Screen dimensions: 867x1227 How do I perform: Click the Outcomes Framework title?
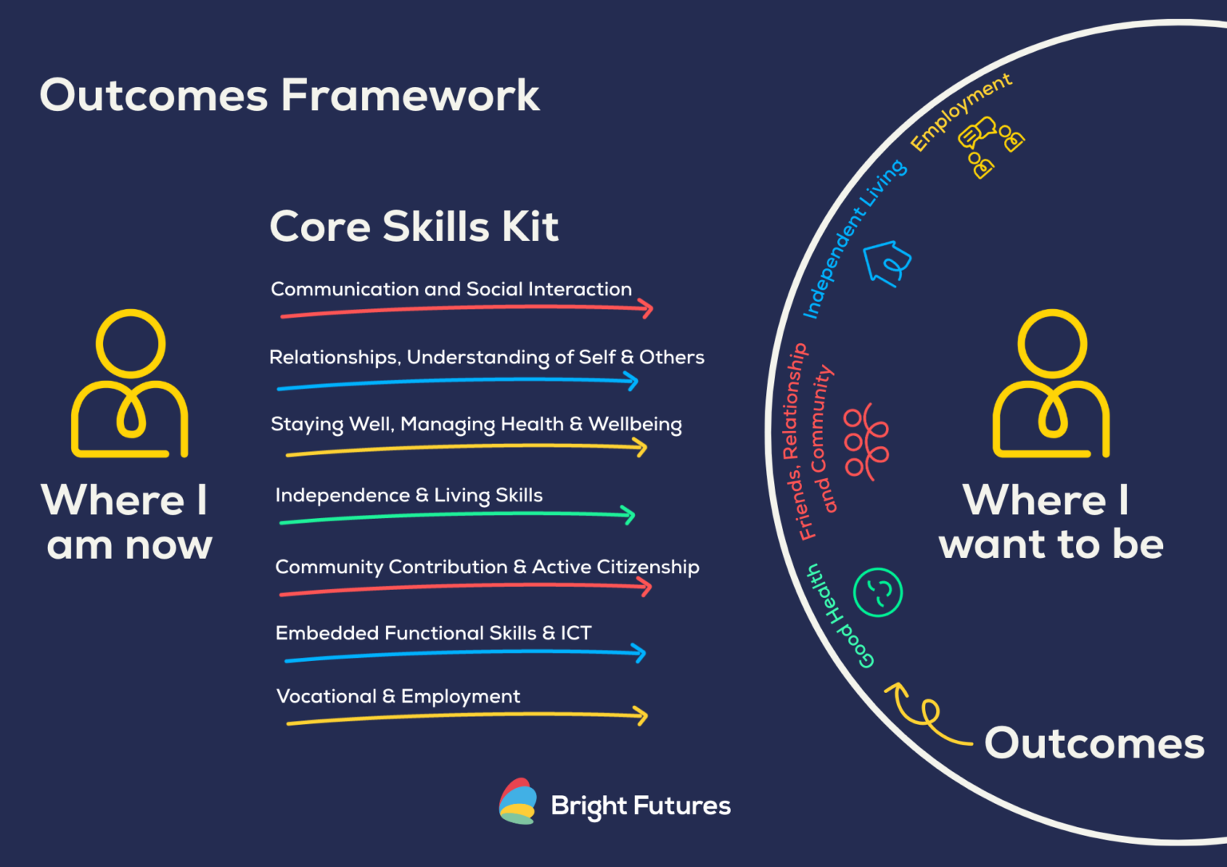pyautogui.click(x=289, y=96)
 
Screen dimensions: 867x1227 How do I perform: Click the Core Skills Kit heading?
pyautogui.click(x=414, y=227)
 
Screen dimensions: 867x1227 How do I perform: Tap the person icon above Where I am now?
pyautogui.click(x=130, y=383)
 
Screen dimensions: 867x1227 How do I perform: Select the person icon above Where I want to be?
pyautogui.click(x=1051, y=383)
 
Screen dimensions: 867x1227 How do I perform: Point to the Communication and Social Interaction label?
pyautogui.click(x=451, y=289)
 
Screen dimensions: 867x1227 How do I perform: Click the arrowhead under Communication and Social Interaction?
pyautogui.click(x=647, y=309)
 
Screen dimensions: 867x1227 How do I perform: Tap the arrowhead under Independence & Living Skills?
pyautogui.click(x=629, y=515)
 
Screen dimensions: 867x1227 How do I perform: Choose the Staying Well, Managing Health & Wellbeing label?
pyautogui.click(x=476, y=424)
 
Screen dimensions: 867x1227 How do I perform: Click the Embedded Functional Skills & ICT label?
pyautogui.click(x=433, y=633)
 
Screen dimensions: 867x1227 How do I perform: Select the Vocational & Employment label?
pyautogui.click(x=398, y=696)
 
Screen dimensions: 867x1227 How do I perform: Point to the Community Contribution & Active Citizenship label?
pyautogui.click(x=487, y=567)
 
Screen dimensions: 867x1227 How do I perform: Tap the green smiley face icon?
pyautogui.click(x=877, y=592)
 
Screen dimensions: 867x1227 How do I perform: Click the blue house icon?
pyautogui.click(x=887, y=263)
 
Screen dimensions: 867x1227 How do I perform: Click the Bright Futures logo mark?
pyautogui.click(x=518, y=802)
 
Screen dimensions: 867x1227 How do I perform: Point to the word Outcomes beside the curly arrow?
pyautogui.click(x=1094, y=744)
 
